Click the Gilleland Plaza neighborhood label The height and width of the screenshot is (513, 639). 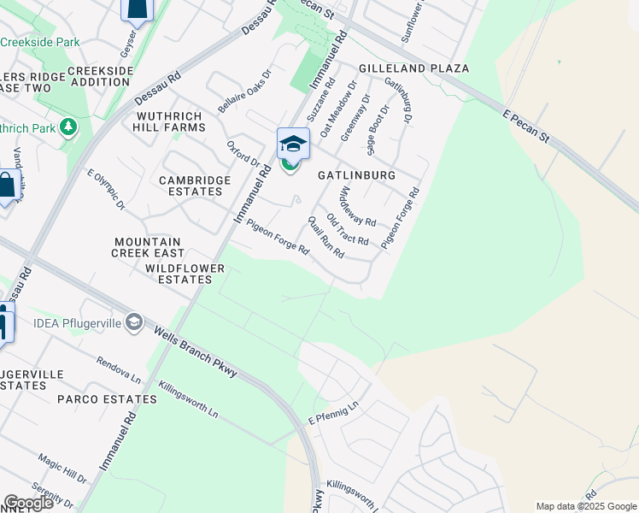(x=414, y=68)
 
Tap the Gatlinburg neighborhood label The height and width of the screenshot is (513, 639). (x=356, y=174)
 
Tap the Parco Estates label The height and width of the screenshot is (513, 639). (x=97, y=399)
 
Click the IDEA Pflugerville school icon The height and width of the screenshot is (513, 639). (x=134, y=321)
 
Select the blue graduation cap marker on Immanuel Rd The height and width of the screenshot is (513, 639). (x=292, y=144)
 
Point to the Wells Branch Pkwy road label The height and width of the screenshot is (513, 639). (x=195, y=352)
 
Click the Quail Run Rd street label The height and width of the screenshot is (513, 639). (x=325, y=237)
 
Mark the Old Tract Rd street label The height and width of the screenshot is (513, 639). (x=347, y=228)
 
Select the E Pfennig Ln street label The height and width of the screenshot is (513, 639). (x=331, y=414)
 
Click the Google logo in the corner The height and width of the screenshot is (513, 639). (x=28, y=503)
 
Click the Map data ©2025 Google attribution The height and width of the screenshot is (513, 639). (x=585, y=506)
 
